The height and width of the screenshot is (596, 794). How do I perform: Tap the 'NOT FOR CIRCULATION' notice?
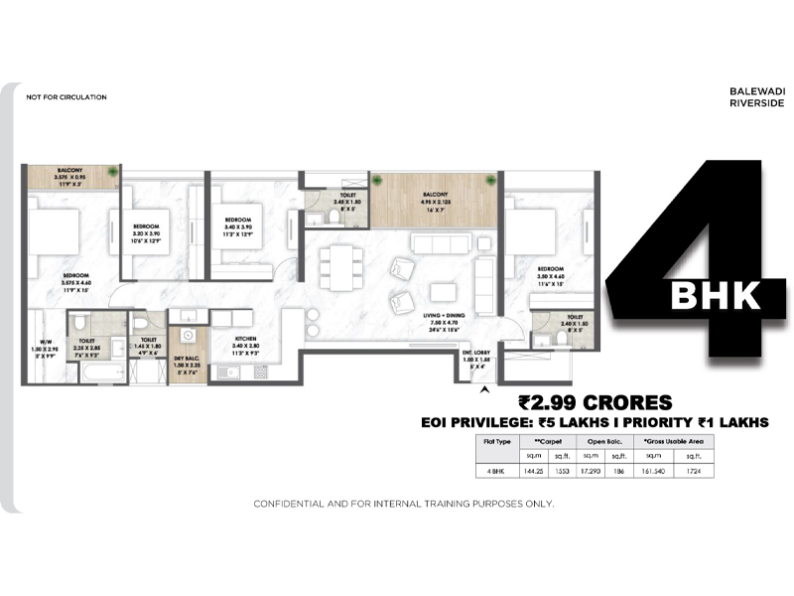click(x=66, y=97)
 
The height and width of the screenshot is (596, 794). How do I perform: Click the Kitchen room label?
click(x=246, y=342)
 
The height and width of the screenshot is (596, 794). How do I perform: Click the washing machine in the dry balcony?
click(x=187, y=335)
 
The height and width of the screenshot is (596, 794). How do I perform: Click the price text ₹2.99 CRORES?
click(x=595, y=402)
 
